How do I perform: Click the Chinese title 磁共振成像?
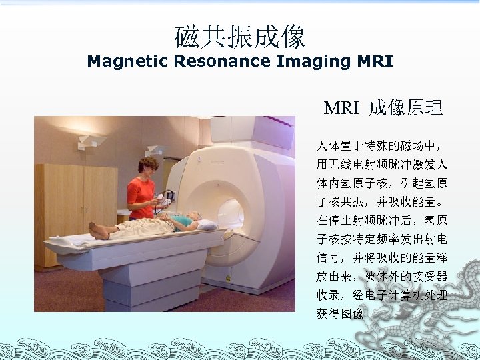tap(240, 36)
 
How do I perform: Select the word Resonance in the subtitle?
tap(219, 62)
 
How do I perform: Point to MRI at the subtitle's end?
tap(375, 62)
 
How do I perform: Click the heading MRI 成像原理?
tap(383, 108)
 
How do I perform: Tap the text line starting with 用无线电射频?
tap(381, 163)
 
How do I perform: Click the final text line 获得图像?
tap(340, 313)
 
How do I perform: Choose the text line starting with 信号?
tap(381, 257)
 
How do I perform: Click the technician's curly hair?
tap(148, 164)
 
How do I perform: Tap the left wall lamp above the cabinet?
tap(91, 141)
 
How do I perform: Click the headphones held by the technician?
tap(167, 197)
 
